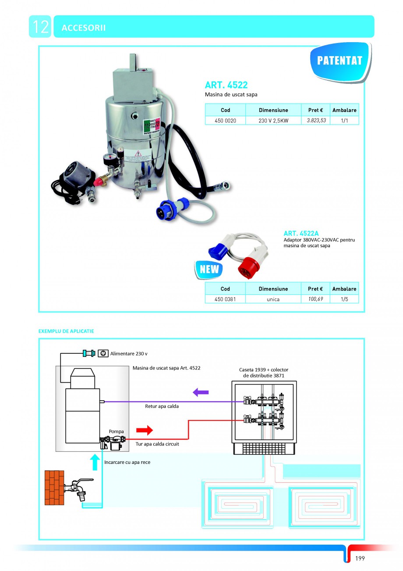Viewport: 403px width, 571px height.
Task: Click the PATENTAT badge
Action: [339, 61]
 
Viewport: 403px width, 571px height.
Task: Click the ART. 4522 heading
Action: [226, 85]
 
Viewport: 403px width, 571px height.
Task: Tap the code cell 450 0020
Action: [225, 121]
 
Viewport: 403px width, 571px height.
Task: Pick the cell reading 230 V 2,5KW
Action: [273, 121]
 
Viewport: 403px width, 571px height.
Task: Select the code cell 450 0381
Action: [225, 299]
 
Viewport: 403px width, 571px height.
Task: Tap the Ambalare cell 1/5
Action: [344, 299]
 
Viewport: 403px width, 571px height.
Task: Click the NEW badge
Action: [209, 269]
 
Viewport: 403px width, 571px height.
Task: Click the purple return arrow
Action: [201, 392]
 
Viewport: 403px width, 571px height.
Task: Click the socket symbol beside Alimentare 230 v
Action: [104, 353]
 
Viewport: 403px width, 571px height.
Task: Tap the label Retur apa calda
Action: [162, 406]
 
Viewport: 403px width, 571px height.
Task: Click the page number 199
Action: [360, 558]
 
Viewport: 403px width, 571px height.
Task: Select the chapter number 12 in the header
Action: [40, 27]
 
